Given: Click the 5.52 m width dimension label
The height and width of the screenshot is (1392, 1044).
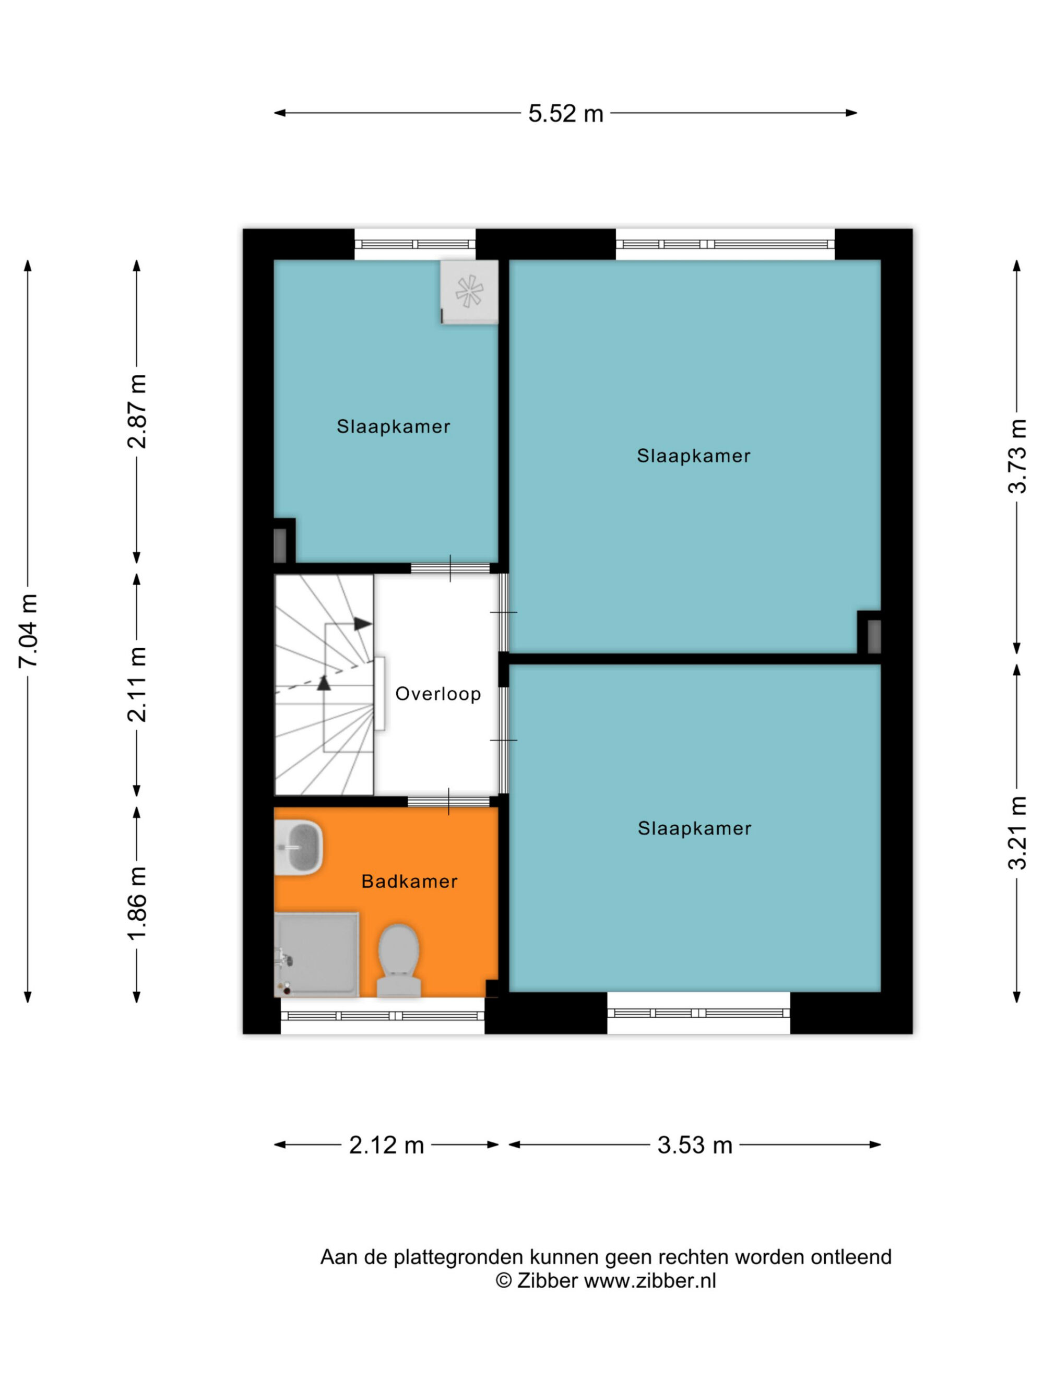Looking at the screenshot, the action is point(565,114).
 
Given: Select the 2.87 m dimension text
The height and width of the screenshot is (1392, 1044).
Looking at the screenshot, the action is point(137,411).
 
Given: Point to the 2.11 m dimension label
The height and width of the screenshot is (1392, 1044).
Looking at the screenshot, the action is point(137,684).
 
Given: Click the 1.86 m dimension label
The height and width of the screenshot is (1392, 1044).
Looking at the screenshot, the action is point(137,903).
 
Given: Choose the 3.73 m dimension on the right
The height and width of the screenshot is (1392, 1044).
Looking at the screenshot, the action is point(1017,456).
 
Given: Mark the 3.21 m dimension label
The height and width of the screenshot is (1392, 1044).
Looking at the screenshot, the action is point(1017,833).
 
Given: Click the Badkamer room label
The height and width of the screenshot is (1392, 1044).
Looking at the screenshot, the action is point(410,882).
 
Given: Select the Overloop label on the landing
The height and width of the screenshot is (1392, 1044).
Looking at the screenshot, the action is point(438,694).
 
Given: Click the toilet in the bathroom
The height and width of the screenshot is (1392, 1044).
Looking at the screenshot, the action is point(398,960).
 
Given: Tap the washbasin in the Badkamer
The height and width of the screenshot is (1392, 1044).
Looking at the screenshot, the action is point(300,847).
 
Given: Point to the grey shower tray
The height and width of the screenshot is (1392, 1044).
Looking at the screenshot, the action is point(316,955).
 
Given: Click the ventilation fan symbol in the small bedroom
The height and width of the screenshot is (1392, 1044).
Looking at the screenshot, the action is point(469,292).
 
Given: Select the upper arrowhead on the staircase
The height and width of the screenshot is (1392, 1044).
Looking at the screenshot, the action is point(362,624).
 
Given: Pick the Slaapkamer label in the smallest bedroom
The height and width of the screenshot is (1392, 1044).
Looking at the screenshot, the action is point(393,426).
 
